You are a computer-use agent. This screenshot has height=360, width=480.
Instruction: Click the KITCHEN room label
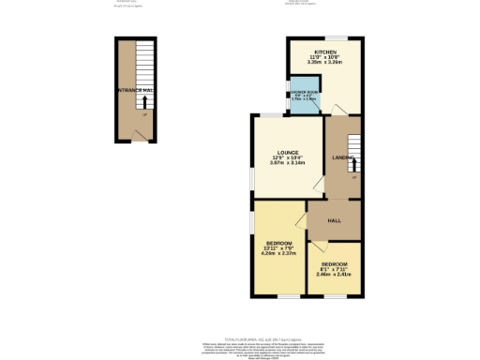point(325,52)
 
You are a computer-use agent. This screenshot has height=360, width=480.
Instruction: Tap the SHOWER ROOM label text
point(303,91)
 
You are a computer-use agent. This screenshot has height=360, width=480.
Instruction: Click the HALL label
point(333,220)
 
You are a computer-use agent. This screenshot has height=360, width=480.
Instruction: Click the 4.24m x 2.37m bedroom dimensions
point(279,251)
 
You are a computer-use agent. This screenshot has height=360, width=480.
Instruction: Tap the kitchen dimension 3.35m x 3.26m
point(325,63)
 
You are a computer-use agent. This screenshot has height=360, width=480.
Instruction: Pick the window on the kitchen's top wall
point(331,37)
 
